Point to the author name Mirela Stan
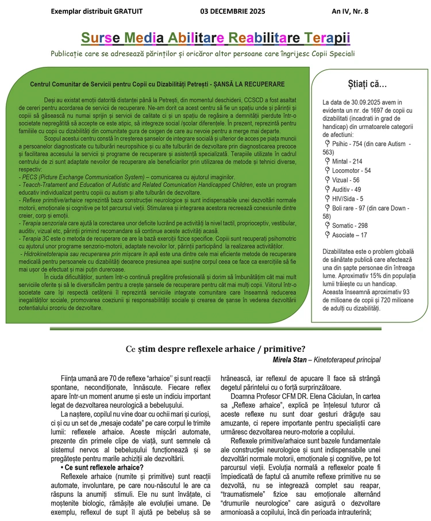click(293, 360)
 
